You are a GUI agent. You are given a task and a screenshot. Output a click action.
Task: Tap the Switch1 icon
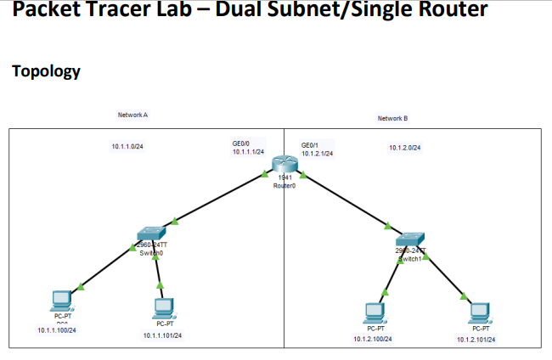(x=411, y=237)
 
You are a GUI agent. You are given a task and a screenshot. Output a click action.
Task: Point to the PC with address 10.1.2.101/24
(x=481, y=312)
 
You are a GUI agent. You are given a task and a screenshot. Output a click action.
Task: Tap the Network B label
(x=392, y=119)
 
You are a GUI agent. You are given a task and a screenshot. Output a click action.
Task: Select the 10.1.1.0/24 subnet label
(x=127, y=147)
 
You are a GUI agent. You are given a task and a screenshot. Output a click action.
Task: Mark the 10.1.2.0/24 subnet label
(x=405, y=148)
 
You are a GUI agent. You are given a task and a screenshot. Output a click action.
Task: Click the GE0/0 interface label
(x=240, y=144)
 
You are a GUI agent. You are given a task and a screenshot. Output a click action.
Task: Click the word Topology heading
(x=47, y=71)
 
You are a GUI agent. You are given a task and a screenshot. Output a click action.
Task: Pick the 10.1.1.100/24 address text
(x=58, y=329)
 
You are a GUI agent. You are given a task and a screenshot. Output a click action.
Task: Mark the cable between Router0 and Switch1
(x=344, y=200)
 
